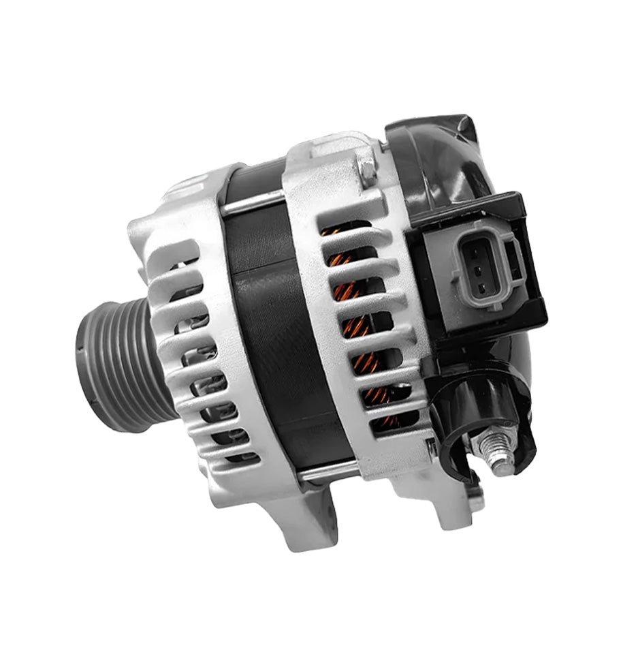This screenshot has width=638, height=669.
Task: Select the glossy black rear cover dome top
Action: pos(443,157)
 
